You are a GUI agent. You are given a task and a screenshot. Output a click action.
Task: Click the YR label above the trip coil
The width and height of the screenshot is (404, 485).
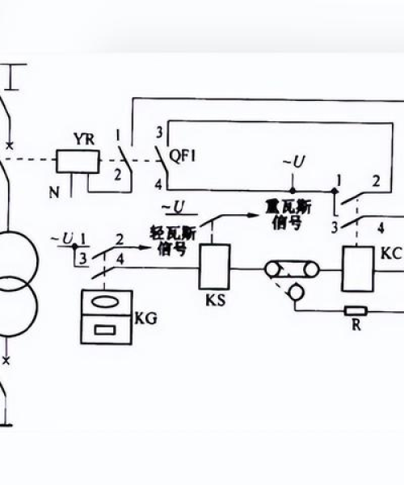pos(84,140)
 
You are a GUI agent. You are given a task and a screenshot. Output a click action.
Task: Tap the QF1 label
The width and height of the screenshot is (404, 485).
pos(183,157)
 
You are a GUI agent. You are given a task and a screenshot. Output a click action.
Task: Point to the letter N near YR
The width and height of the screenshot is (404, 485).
pos(54,192)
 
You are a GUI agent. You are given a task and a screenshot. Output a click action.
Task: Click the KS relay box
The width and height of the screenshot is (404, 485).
pos(214,267)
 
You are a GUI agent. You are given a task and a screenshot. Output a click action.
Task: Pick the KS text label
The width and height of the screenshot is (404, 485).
pos(216,300)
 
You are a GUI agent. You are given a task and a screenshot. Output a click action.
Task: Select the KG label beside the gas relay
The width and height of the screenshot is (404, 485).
pos(146,318)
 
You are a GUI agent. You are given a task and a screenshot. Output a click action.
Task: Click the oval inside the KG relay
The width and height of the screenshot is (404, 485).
pos(106,302)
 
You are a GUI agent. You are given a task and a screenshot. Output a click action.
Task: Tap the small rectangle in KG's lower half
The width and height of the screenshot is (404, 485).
pos(105,330)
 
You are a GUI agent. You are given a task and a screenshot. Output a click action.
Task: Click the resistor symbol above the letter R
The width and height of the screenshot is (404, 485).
pos(356,311)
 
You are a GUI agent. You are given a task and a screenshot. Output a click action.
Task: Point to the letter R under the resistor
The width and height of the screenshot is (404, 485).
pos(356,326)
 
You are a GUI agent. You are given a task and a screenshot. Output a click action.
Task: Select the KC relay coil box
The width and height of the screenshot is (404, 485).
pos(358,269)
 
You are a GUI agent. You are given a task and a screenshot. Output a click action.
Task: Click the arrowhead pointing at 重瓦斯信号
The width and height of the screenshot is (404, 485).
pos(254,215)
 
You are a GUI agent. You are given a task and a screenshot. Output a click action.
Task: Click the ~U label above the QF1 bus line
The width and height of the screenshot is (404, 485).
pos(294,162)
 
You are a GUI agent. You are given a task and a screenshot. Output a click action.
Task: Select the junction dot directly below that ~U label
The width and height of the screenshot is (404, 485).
pos(292,191)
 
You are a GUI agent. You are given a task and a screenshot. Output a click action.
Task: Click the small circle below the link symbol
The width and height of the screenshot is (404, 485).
pos(297,293)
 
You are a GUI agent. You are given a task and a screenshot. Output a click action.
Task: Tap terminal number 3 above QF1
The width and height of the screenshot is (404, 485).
pos(159,133)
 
